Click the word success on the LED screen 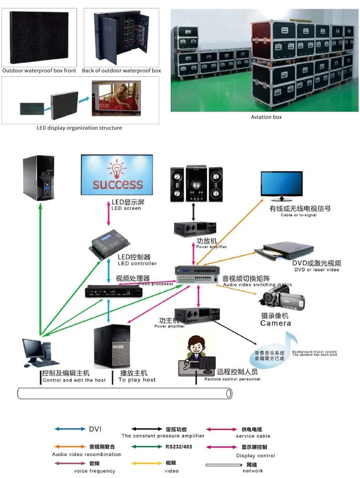pyautogui.click(x=118, y=184)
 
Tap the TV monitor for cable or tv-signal pyautogui.click(x=282, y=185)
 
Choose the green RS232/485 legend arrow pyautogui.click(x=147, y=447)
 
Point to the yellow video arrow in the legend pyautogui.click(x=147, y=464)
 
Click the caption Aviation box pyautogui.click(x=266, y=117)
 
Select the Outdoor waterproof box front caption pyautogui.click(x=39, y=71)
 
